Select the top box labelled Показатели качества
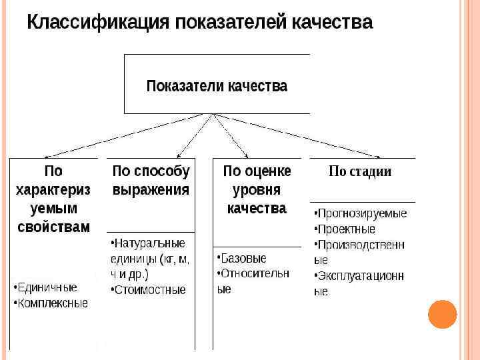tap(217, 86)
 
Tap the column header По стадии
tap(360, 171)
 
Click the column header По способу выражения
tap(151, 180)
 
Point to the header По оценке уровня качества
tap(257, 189)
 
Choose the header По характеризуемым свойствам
tap(53, 199)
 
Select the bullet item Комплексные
tap(52, 303)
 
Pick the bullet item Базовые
tap(242, 258)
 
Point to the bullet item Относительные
tap(253, 273)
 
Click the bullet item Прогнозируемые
tap(361, 214)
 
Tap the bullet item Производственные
tap(361, 245)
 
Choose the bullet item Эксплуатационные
tap(361, 275)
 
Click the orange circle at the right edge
tap(442, 314)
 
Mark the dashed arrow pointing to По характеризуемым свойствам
tap(127, 136)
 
